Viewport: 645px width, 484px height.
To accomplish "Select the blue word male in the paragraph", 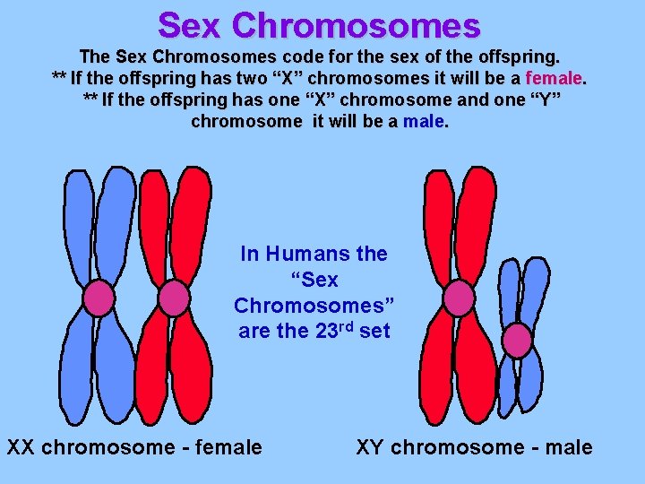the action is coord(424,121).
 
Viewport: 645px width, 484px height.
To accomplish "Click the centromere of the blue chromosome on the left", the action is coord(99,297).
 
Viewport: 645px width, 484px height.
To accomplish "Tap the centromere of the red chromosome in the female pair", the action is coord(173,298).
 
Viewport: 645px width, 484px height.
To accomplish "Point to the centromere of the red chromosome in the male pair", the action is coord(459,298).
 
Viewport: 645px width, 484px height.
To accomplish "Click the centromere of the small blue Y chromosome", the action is coord(518,340).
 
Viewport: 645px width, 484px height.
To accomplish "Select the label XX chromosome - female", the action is coord(134,446).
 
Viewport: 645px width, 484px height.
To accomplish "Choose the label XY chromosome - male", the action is coord(474,446).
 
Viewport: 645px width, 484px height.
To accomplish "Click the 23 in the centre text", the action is coord(327,331).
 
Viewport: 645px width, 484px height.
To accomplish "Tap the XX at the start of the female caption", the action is coord(21,446).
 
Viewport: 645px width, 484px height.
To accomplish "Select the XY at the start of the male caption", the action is coord(371,446).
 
